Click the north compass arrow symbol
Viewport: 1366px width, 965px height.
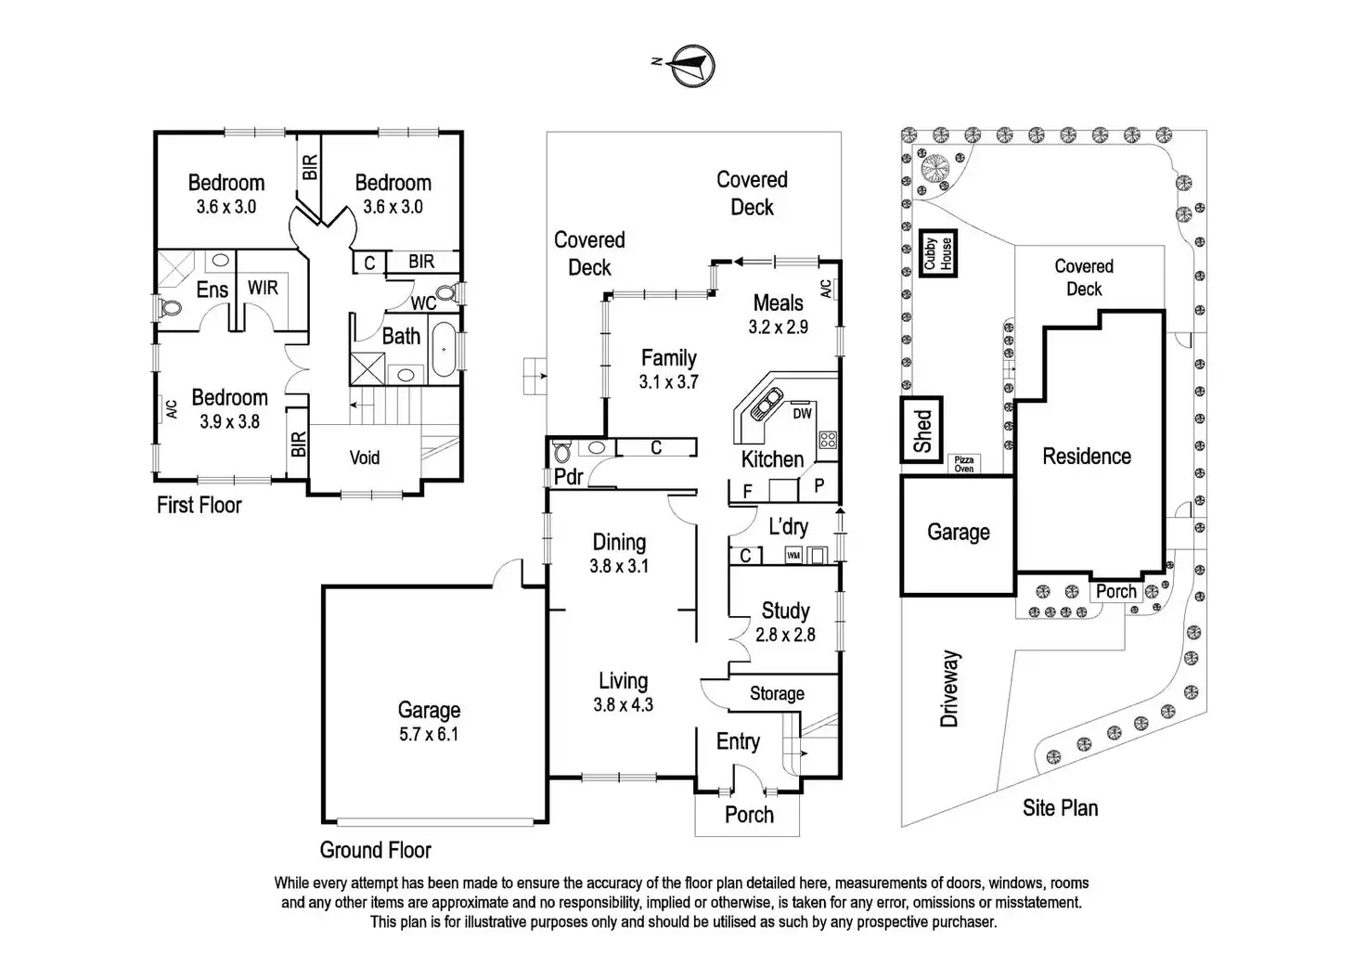point(692,65)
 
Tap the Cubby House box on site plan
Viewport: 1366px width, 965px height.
point(938,253)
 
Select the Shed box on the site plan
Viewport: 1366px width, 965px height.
point(921,430)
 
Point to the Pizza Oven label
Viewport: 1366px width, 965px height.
point(963,464)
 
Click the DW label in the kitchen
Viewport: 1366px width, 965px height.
point(803,413)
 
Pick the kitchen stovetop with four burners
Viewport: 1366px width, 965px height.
point(828,439)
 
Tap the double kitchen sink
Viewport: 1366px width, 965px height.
point(766,403)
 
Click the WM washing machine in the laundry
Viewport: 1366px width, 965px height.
point(793,556)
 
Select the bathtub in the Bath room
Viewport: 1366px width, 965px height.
point(444,349)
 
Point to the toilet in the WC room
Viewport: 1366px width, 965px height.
point(447,294)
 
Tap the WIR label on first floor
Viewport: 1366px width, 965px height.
point(263,287)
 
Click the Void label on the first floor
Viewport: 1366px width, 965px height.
point(364,457)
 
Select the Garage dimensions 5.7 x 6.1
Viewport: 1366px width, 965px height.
point(429,734)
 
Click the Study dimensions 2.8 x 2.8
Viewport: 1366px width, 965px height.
point(785,635)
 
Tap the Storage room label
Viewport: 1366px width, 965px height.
point(777,693)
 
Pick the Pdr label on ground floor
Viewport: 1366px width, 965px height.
point(568,477)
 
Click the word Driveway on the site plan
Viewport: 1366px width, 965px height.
point(949,688)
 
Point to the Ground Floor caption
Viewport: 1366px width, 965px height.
point(376,850)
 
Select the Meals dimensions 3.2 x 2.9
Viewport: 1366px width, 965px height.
point(779,327)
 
